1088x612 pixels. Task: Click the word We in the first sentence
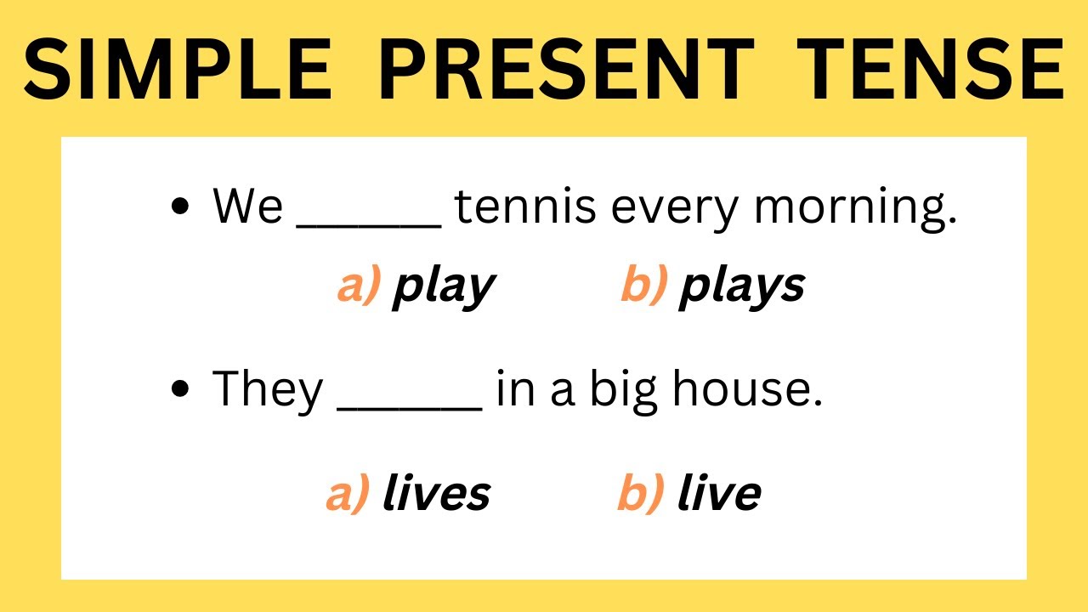(247, 207)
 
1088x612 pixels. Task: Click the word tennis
(524, 207)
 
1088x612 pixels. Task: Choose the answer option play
(443, 287)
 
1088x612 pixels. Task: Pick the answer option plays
(741, 287)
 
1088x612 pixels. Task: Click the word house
(747, 390)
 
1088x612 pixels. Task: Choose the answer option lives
(436, 494)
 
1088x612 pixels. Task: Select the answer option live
(718, 494)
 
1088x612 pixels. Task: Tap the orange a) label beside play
(358, 286)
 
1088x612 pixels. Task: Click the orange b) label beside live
(640, 494)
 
